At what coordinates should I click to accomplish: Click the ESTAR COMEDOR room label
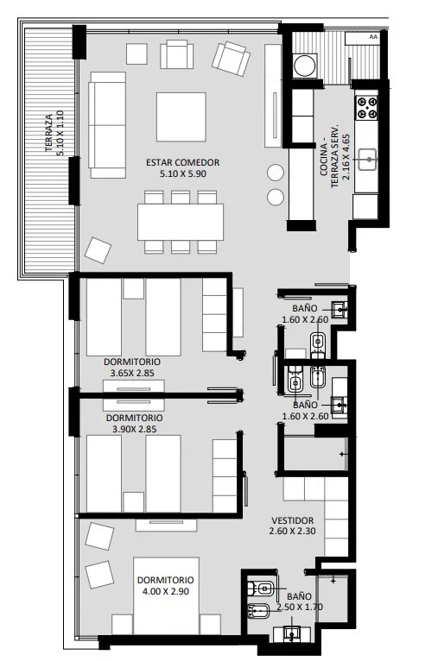[x=182, y=162]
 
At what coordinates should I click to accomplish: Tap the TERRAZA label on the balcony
[x=49, y=133]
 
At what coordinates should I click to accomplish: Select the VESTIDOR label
[x=292, y=520]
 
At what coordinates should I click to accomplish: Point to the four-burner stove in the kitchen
[x=366, y=107]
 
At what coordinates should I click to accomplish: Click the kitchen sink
[x=367, y=160]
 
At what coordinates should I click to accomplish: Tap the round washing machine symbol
[x=305, y=66]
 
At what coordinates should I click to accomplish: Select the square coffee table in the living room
[x=181, y=116]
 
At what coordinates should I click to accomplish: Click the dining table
[x=181, y=222]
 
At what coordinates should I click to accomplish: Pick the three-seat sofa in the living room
[x=108, y=125]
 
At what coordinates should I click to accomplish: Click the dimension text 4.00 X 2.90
[x=165, y=591]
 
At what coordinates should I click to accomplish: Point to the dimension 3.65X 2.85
[x=132, y=373]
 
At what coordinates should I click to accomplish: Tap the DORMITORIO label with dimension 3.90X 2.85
[x=134, y=418]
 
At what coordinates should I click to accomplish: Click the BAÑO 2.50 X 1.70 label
[x=300, y=601]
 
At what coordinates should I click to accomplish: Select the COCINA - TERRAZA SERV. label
[x=329, y=156]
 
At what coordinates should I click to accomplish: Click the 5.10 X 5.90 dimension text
[x=182, y=173]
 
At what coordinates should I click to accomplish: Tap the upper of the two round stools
[x=275, y=172]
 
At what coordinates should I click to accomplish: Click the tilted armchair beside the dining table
[x=98, y=250]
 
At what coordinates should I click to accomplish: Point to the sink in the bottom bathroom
[x=292, y=633]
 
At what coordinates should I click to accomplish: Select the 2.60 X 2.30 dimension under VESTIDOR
[x=292, y=532]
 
